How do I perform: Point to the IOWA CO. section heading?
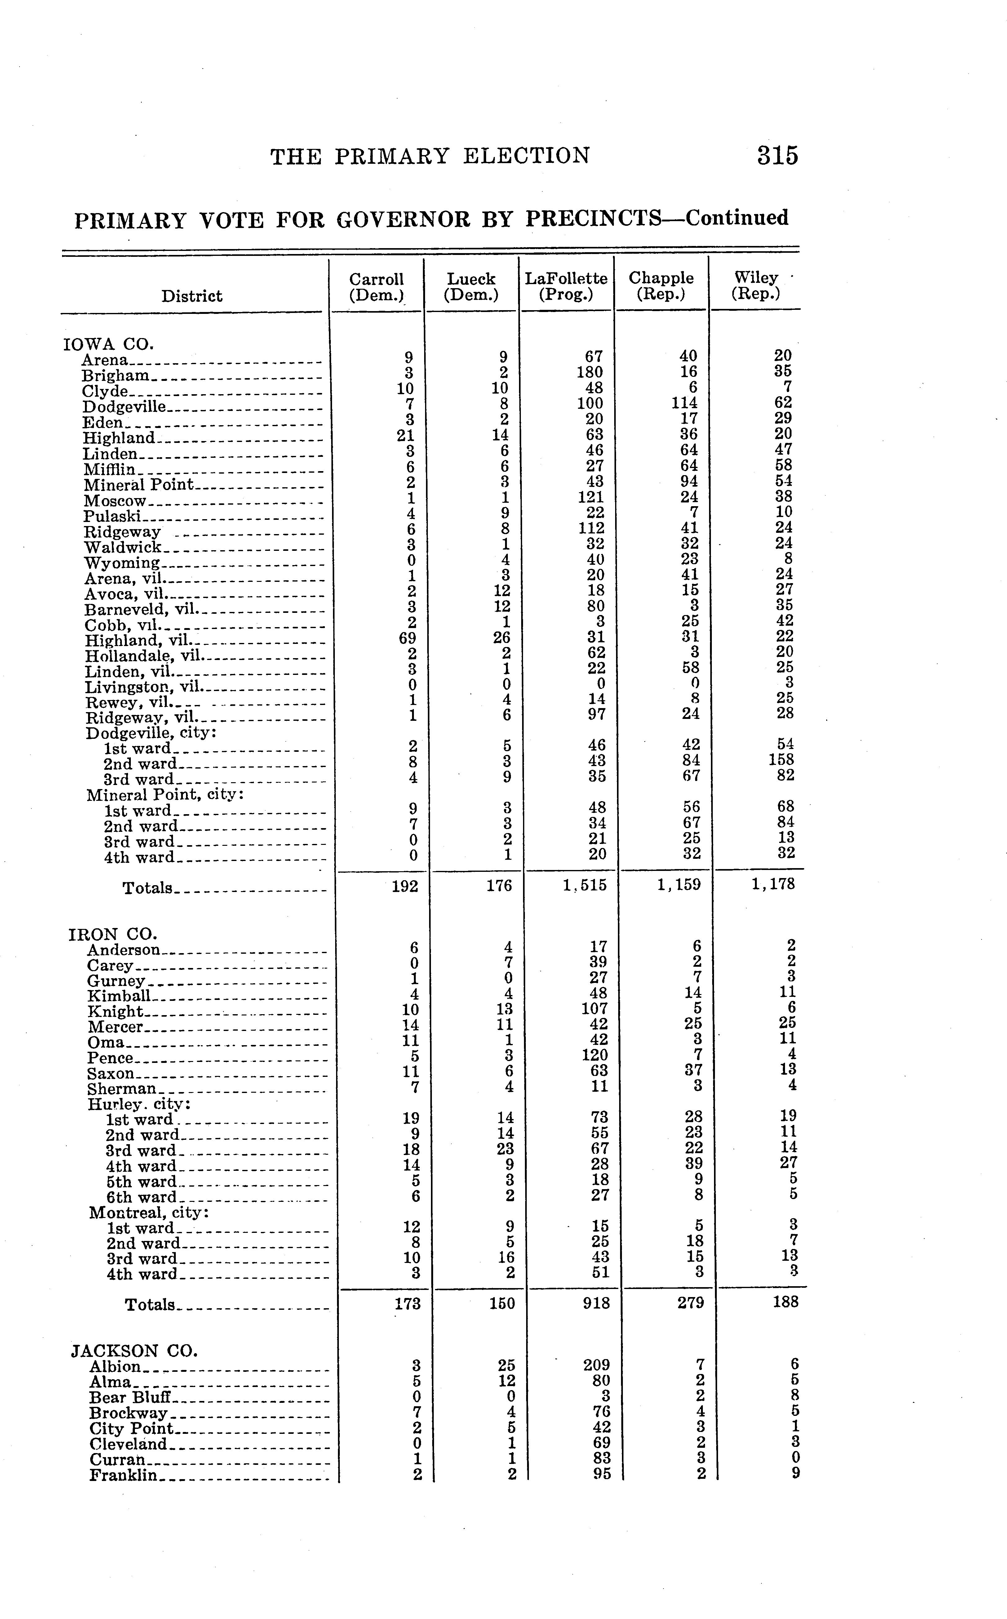click(x=108, y=345)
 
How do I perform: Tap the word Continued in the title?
click(x=737, y=218)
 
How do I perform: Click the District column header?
click(x=192, y=296)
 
